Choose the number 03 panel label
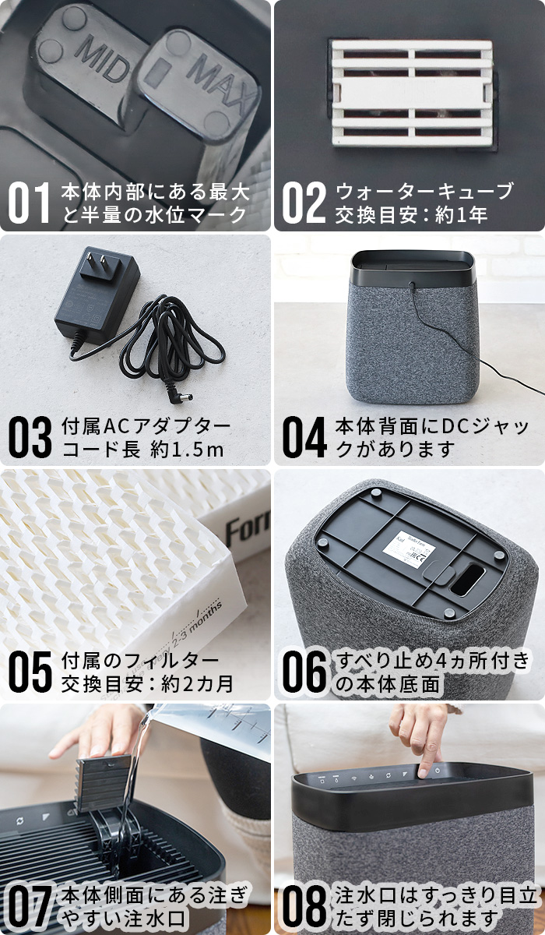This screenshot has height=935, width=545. point(30,439)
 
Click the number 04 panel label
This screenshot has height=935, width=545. point(304,439)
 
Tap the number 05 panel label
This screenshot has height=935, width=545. point(30,673)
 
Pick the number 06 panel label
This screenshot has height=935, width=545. point(304,673)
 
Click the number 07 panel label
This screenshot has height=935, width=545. point(30,907)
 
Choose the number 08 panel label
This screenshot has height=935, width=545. point(304,907)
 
